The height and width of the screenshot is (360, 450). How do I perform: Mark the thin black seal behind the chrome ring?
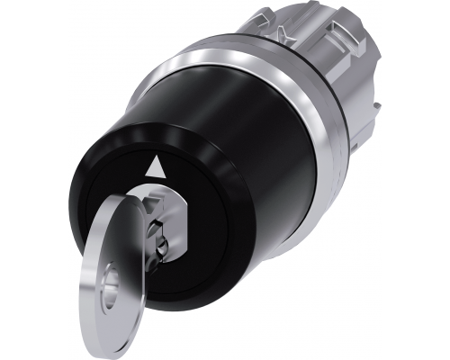[339, 135]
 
